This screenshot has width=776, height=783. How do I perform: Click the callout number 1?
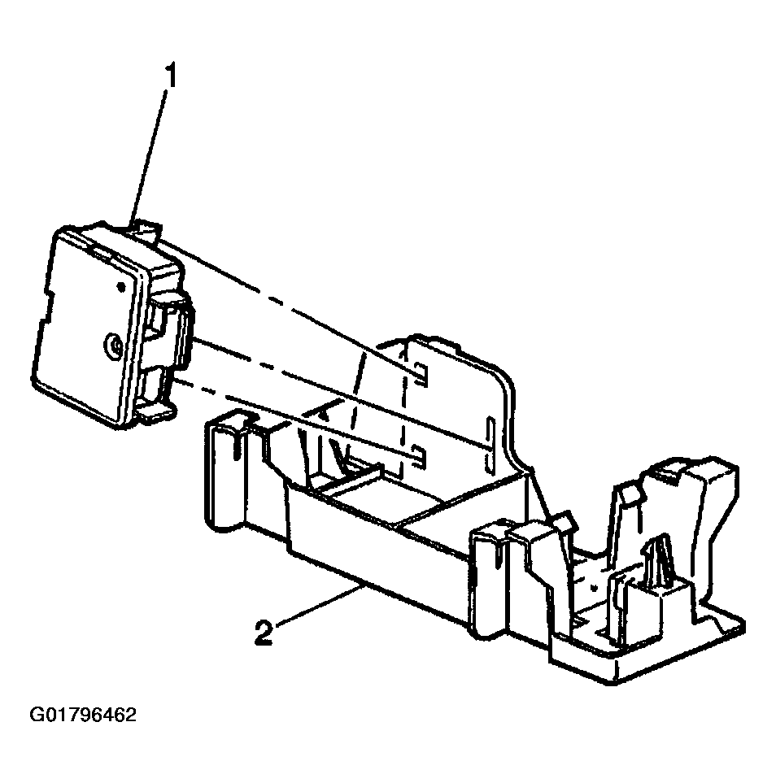(x=172, y=78)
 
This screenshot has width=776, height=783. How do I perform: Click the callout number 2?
(x=262, y=633)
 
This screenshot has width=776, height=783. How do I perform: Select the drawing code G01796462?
(x=82, y=716)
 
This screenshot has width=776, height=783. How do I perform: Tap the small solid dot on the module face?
(x=121, y=286)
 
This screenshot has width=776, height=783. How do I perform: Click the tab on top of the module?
(x=145, y=231)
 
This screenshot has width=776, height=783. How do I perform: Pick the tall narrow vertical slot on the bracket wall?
(x=489, y=445)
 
